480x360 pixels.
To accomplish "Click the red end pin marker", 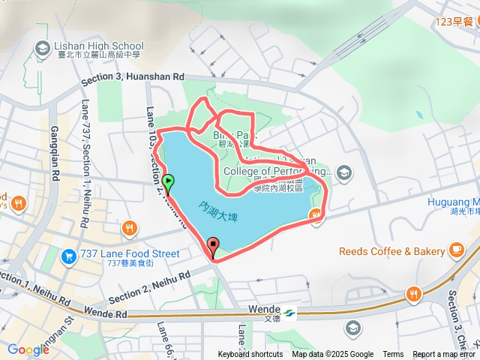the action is (x=213, y=246).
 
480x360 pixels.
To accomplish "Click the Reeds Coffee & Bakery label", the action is (x=392, y=250).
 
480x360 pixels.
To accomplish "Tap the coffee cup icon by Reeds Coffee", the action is (x=457, y=250).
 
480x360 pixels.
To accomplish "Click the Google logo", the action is (x=28, y=349).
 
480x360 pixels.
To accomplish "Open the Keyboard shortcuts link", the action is (x=250, y=355).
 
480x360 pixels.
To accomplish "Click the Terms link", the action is (x=393, y=355).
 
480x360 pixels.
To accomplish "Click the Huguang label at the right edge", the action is (x=454, y=202).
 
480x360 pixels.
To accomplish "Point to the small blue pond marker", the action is (x=418, y=115).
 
